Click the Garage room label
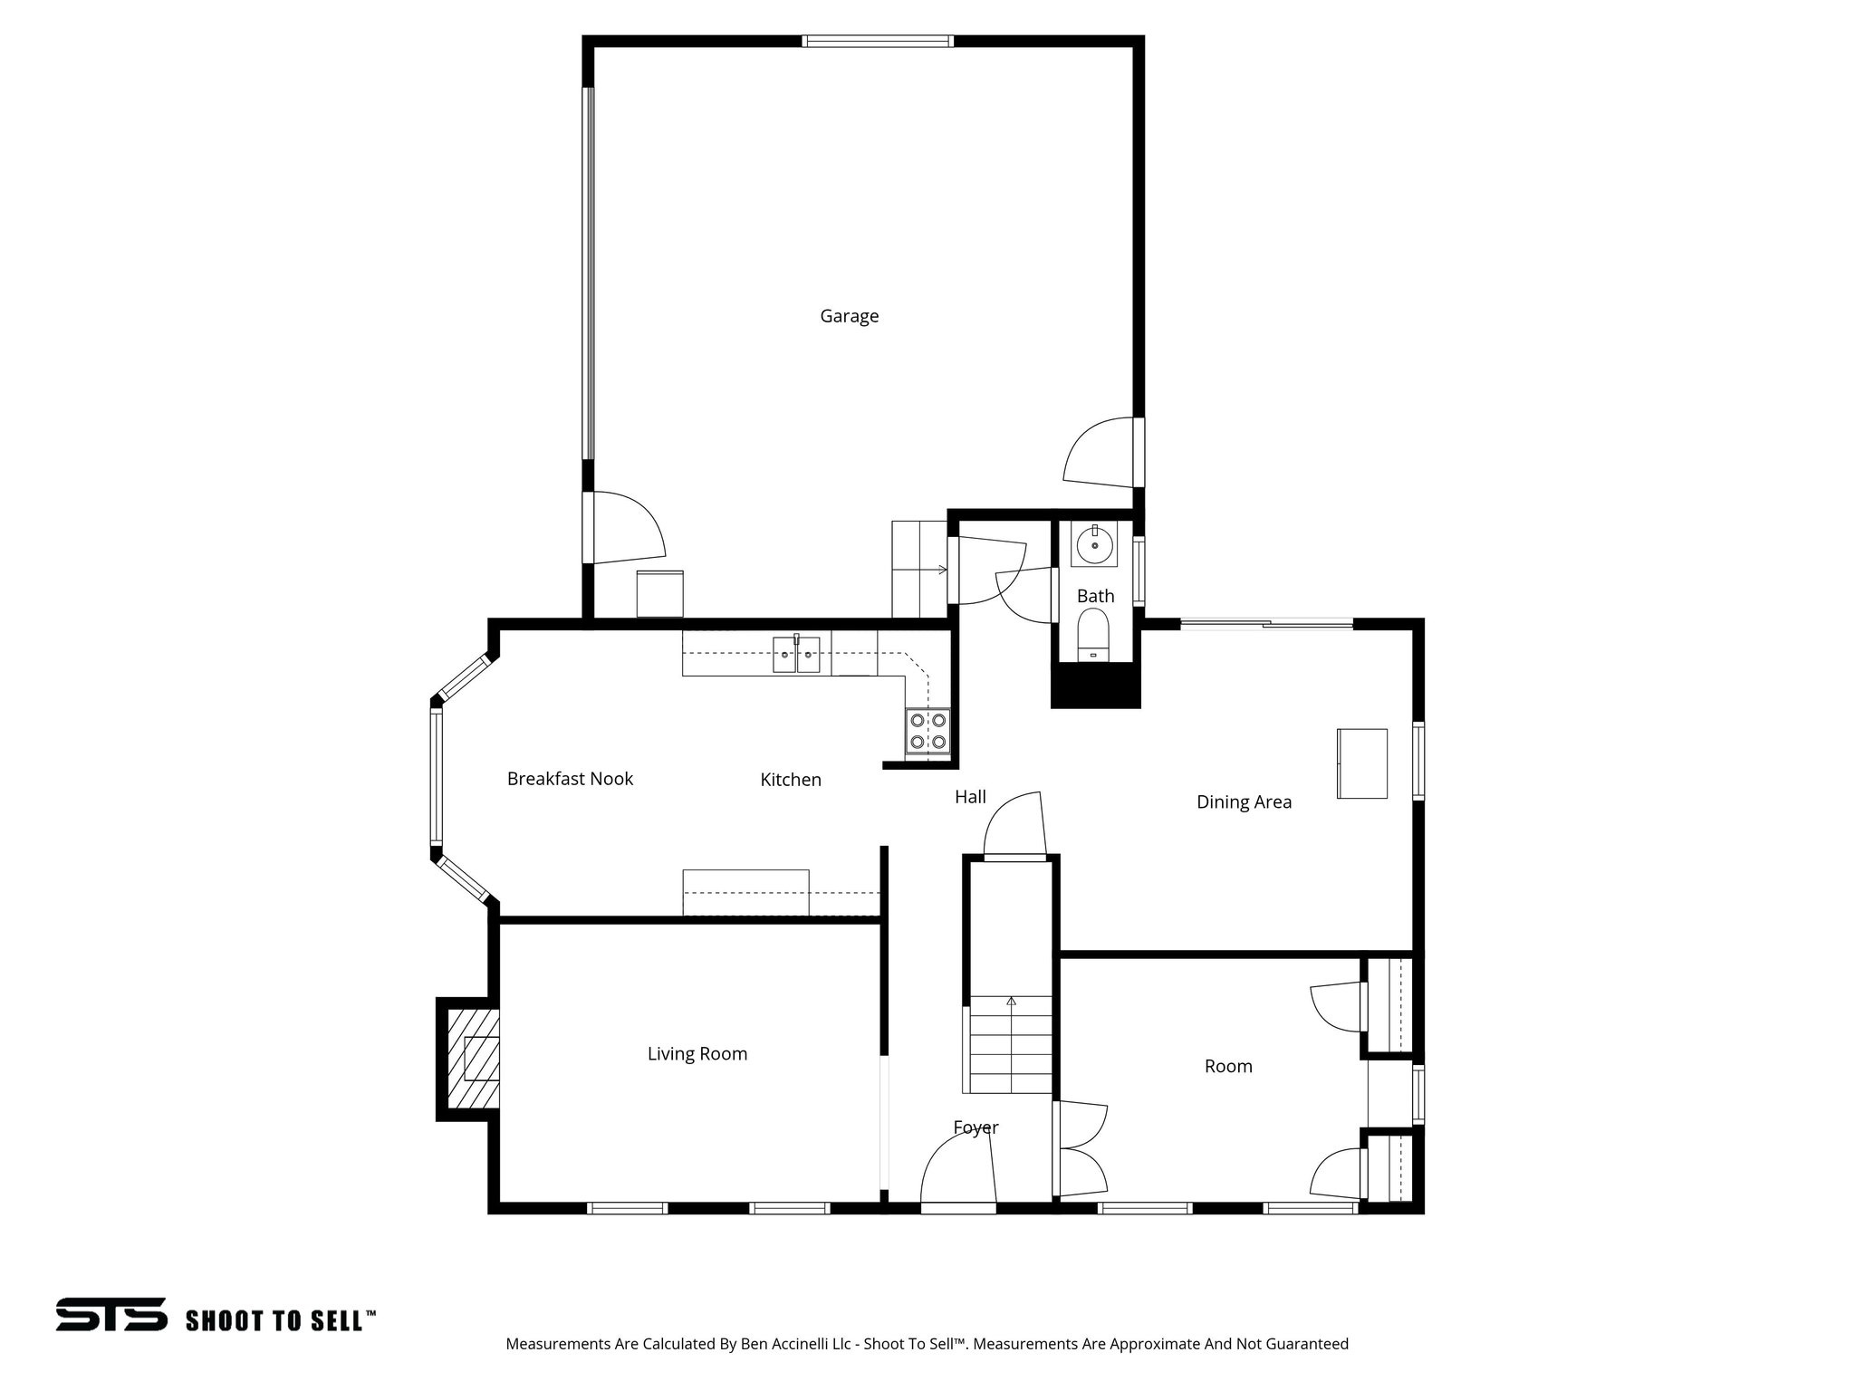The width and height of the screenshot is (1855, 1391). pyautogui.click(x=849, y=316)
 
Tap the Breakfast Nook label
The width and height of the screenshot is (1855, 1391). pyautogui.click(x=570, y=779)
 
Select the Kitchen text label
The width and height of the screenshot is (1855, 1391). pyautogui.click(x=790, y=780)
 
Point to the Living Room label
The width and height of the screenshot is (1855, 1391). pyautogui.click(x=697, y=1053)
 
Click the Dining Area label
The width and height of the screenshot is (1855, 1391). pyautogui.click(x=1244, y=801)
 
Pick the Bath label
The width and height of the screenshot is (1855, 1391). pyautogui.click(x=1095, y=596)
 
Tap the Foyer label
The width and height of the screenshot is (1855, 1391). pyautogui.click(x=976, y=1127)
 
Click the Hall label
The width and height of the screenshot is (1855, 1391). pyautogui.click(x=970, y=797)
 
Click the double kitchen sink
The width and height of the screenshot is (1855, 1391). pyautogui.click(x=796, y=655)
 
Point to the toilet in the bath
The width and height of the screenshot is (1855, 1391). pyautogui.click(x=1093, y=634)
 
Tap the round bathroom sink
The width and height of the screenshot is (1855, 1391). pyautogui.click(x=1094, y=545)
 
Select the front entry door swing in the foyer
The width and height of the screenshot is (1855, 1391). pyautogui.click(x=958, y=1168)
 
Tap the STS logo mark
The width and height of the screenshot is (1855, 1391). pyautogui.click(x=111, y=1314)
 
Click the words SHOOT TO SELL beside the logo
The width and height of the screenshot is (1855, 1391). pyautogui.click(x=280, y=1320)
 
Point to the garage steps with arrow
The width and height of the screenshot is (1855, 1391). pyautogui.click(x=918, y=570)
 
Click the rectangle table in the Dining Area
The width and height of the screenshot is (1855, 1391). pyautogui.click(x=1362, y=763)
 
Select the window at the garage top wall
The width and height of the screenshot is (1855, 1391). pyautogui.click(x=877, y=41)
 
